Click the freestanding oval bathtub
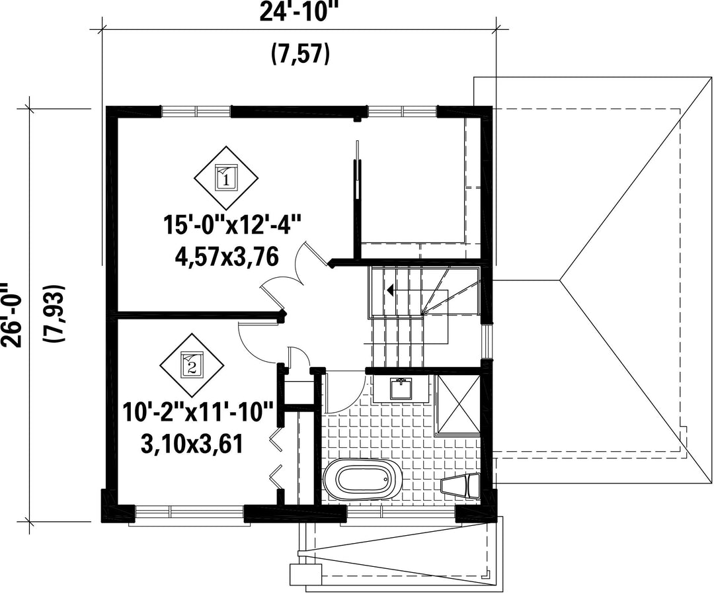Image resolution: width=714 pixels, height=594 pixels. tap(362, 480)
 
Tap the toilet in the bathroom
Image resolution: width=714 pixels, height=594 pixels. tap(461, 486)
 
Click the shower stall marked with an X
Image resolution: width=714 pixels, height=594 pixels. tap(458, 403)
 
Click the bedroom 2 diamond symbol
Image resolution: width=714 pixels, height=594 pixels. tap(192, 364)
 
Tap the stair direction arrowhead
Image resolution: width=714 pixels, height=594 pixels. tap(390, 289)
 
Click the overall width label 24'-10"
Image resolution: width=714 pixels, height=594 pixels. tap(300, 13)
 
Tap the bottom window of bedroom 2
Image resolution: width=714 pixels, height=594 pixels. tap(190, 511)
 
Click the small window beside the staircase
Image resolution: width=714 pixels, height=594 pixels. tap(487, 341)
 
